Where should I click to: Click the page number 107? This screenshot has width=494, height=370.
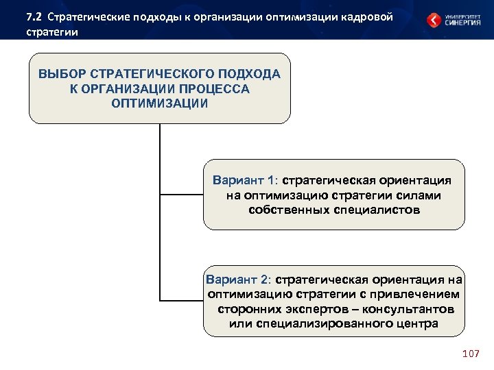[x=471, y=354]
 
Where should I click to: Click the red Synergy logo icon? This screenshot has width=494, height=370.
[x=434, y=20]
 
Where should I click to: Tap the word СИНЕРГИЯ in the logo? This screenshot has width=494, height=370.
[x=463, y=23]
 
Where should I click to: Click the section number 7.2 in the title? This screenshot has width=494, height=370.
[x=34, y=16]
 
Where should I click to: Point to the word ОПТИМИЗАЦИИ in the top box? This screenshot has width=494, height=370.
[x=159, y=103]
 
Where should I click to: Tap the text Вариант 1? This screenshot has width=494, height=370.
[x=244, y=181]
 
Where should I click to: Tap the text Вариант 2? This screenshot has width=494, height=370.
[x=237, y=280]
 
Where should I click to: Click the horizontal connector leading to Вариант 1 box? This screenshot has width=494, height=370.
[x=181, y=195]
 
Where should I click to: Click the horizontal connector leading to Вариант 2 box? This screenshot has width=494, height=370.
[x=181, y=300]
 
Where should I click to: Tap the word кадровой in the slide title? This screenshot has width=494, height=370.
[x=363, y=16]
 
